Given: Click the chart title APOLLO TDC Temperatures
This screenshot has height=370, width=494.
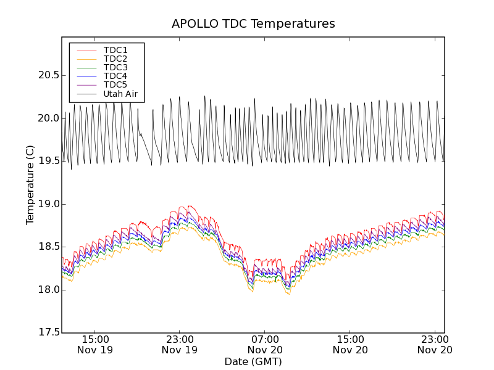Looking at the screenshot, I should coord(253,24).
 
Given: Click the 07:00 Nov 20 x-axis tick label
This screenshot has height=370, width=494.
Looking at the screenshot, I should coord(265,344).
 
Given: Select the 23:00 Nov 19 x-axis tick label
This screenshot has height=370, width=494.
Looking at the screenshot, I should coord(180,344).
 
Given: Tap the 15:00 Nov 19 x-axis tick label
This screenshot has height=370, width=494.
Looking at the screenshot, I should coord(94,344).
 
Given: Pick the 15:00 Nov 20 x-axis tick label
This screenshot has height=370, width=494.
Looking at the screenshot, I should coord(350,344).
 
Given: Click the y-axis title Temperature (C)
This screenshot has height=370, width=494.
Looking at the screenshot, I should coord(30,185).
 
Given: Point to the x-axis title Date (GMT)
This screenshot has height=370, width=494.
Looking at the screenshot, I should coord(253,361).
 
